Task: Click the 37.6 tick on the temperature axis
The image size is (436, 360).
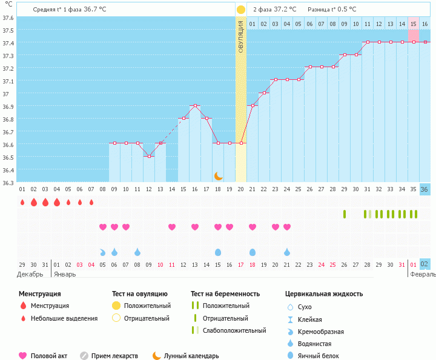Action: click(8, 18)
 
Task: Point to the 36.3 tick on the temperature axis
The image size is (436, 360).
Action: click(8, 183)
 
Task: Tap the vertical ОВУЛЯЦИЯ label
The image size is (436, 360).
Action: click(241, 36)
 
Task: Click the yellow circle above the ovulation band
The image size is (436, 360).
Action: click(241, 10)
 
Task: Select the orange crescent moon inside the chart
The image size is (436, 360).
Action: click(218, 175)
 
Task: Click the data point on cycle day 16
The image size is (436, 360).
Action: click(195, 105)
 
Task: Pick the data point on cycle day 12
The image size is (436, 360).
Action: click(149, 156)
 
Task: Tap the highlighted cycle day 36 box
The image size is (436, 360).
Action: click(425, 189)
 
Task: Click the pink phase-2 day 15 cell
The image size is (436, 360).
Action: click(414, 24)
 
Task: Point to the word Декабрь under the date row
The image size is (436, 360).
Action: click(30, 273)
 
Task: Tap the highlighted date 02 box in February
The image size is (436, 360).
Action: click(425, 264)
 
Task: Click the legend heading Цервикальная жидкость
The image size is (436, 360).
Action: click(324, 294)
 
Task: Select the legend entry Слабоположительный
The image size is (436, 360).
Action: click(234, 330)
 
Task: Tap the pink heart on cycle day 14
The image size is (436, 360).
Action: click(172, 227)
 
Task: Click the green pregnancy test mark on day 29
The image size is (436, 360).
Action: click(345, 214)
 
